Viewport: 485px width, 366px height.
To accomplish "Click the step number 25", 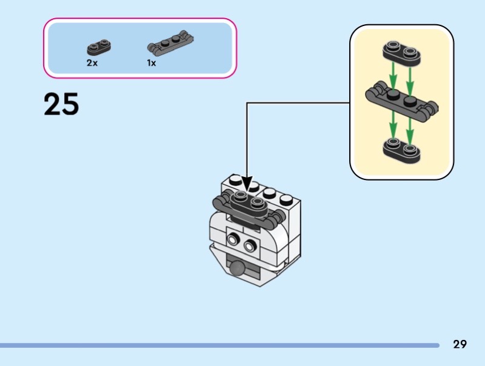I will point(61,105).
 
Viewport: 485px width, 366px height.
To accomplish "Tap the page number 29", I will point(460,344).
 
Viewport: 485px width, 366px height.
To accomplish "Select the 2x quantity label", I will point(92,63).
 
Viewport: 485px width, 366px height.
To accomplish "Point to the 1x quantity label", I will point(151,63).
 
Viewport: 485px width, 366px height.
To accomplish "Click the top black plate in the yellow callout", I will point(401,53).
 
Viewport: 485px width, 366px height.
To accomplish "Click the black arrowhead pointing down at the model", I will point(246,182).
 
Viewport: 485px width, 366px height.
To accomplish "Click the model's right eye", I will point(249,246).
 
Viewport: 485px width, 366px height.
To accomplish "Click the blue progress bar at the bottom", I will point(218,345).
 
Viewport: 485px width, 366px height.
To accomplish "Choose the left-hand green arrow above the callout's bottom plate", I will point(393,126).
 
